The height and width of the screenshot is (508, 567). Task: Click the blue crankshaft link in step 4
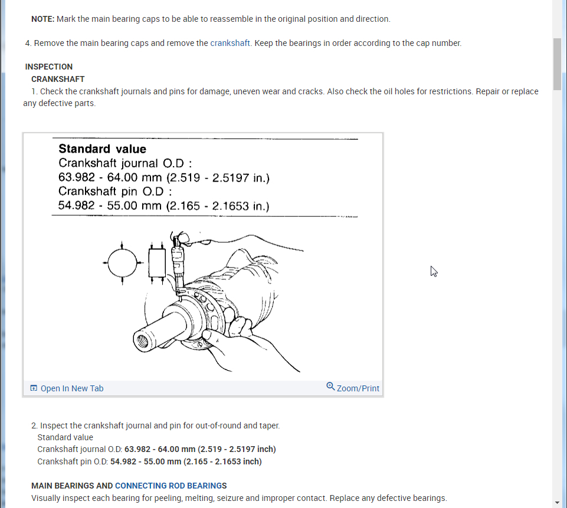[230, 43]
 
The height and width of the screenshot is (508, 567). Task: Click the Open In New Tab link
[71, 388]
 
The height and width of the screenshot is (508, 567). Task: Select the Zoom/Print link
[358, 388]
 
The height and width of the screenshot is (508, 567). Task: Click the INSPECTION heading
[49, 67]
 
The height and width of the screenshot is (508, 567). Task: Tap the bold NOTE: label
[42, 19]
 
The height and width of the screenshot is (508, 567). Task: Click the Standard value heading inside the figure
[102, 149]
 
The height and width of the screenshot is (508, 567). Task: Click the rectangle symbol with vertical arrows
[157, 263]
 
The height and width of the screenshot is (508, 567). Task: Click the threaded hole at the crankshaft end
[143, 339]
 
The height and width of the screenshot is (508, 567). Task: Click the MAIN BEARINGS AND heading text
[72, 486]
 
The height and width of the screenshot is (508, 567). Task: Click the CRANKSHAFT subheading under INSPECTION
[58, 79]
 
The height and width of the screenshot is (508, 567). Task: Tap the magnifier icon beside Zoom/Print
[330, 387]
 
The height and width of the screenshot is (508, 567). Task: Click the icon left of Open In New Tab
[34, 388]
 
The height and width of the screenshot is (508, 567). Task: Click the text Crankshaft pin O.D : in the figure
[115, 192]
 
